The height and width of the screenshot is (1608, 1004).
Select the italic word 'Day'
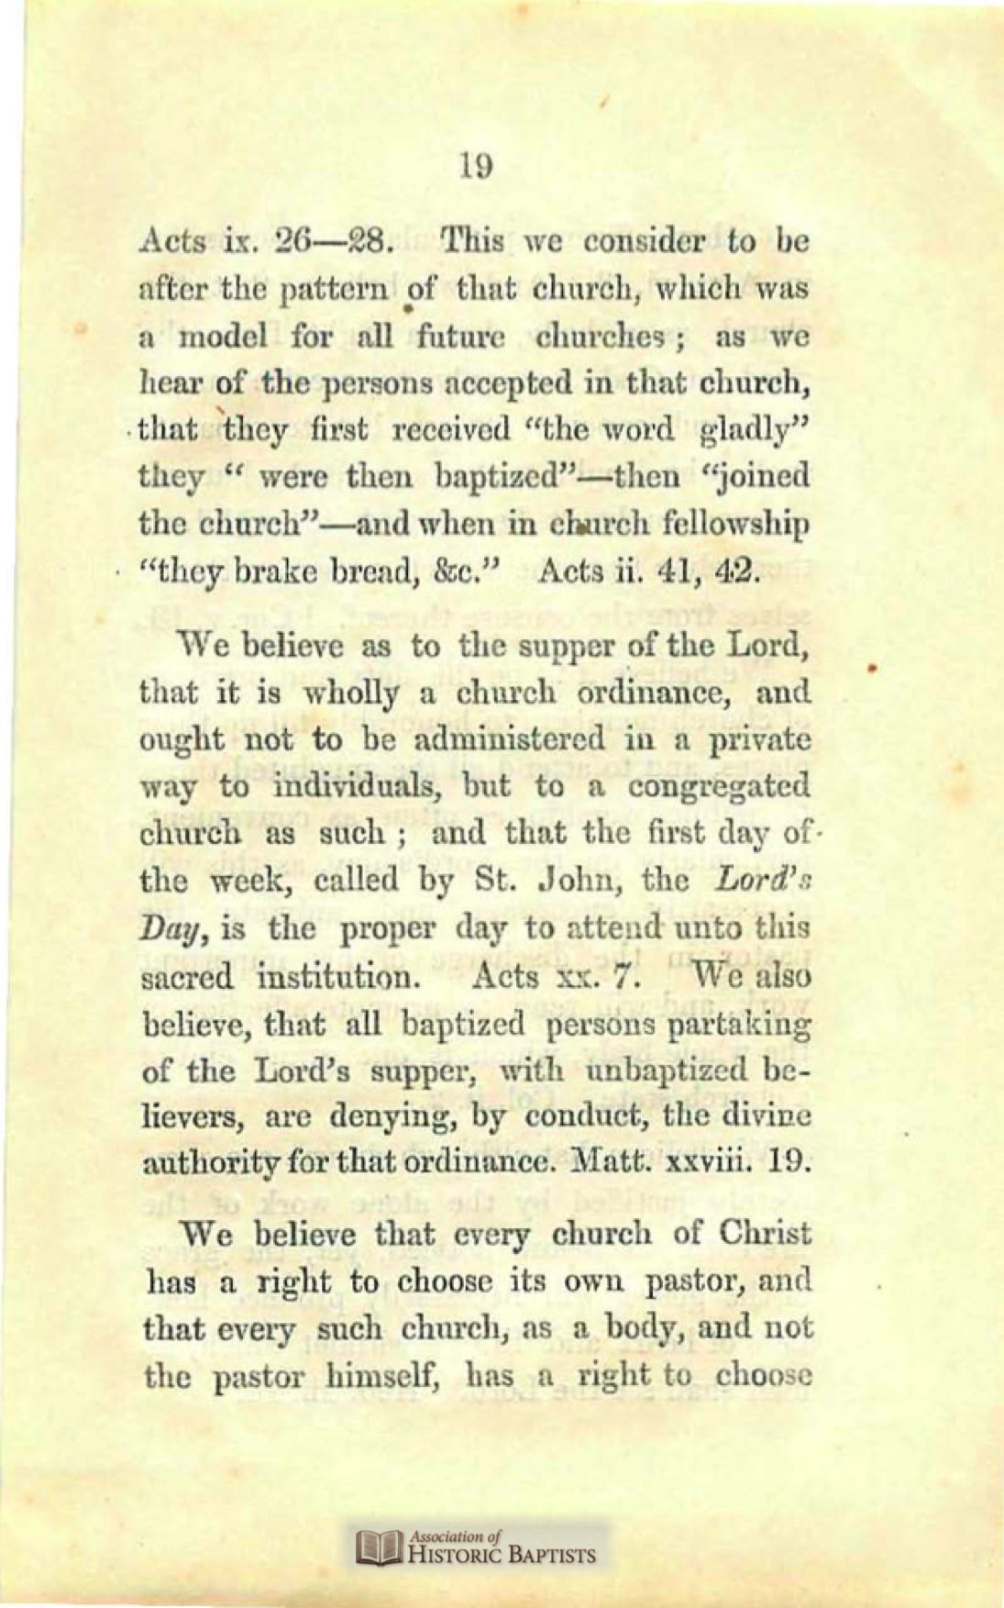[x=170, y=928]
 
